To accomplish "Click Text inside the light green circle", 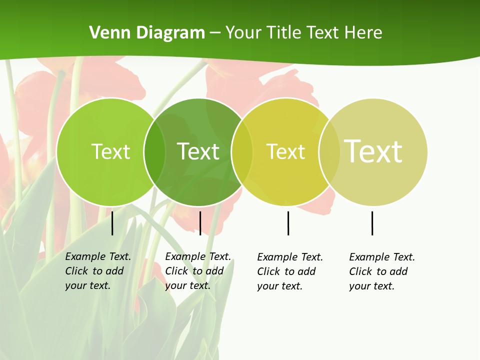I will point(110,151).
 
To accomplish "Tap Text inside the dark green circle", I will point(198,151).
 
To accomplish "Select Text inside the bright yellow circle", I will point(285,151).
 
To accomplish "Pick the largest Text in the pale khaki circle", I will point(373,151).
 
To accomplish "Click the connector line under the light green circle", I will point(112,223).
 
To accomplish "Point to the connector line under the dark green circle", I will point(200,223).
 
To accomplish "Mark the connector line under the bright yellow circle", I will point(288,223).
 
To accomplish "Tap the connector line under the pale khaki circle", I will point(372,223).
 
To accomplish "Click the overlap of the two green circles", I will point(154,152).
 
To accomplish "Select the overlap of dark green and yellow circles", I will point(242,152).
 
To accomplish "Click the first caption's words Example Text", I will point(98,256).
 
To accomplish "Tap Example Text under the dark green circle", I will point(198,256).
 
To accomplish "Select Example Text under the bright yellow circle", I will point(290,257).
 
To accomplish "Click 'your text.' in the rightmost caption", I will point(371,286).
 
